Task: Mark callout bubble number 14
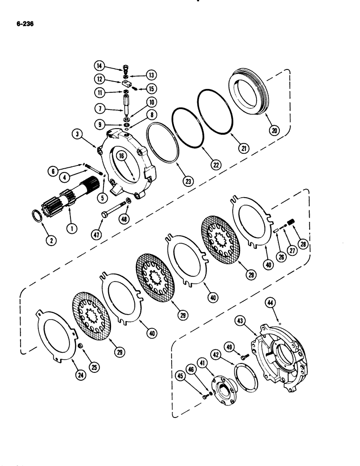[x=100, y=66]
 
